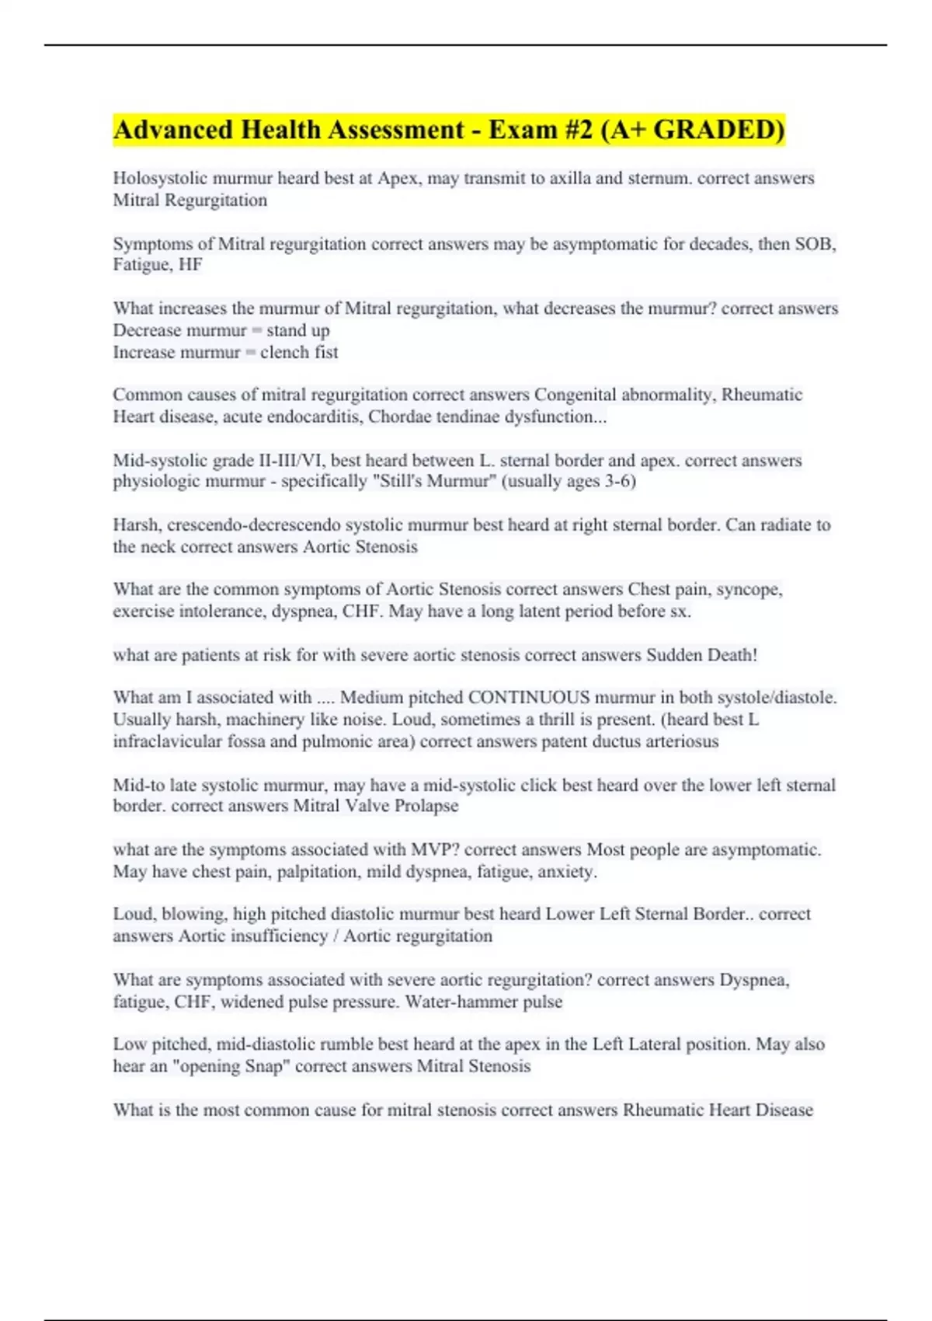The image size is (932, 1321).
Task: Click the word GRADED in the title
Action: [x=718, y=130]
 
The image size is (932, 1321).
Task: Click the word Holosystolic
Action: [x=159, y=178]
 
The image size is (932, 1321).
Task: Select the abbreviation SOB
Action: [x=815, y=244]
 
